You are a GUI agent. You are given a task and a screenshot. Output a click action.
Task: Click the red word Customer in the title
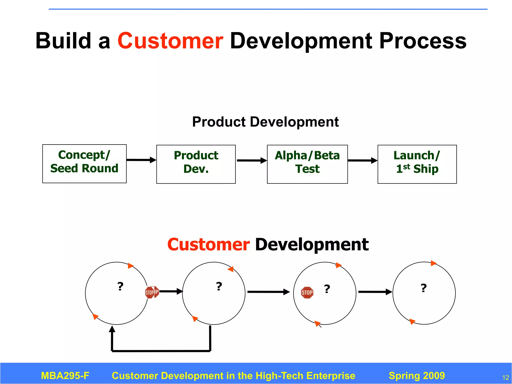[170, 41]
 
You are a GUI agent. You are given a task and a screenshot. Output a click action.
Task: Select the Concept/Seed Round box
[84, 164]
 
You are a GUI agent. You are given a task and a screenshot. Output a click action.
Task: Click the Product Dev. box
[196, 164]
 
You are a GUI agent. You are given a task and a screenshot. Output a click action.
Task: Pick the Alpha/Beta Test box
[307, 164]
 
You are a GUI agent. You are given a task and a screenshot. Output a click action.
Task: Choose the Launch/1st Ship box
[417, 164]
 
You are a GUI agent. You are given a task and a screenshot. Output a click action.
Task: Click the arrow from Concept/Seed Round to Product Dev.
[141, 160]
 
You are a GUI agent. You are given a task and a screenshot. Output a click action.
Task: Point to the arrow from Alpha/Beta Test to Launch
[362, 160]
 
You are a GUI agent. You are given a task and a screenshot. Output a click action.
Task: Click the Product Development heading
[265, 122]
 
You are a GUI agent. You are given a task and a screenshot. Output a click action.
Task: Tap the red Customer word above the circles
[208, 244]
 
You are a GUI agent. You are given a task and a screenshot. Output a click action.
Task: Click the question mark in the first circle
[120, 286]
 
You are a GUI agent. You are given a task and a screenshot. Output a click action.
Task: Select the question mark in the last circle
[423, 288]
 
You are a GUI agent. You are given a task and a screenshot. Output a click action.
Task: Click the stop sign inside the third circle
[307, 292]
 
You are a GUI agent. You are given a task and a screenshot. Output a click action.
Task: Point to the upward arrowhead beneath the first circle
[112, 329]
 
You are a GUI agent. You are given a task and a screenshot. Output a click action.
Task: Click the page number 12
[505, 377]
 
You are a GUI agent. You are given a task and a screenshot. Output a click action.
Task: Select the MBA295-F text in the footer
[65, 376]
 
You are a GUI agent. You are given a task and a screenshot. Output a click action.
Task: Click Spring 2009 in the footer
[417, 376]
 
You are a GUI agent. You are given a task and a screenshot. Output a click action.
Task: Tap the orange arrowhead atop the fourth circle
[433, 263]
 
